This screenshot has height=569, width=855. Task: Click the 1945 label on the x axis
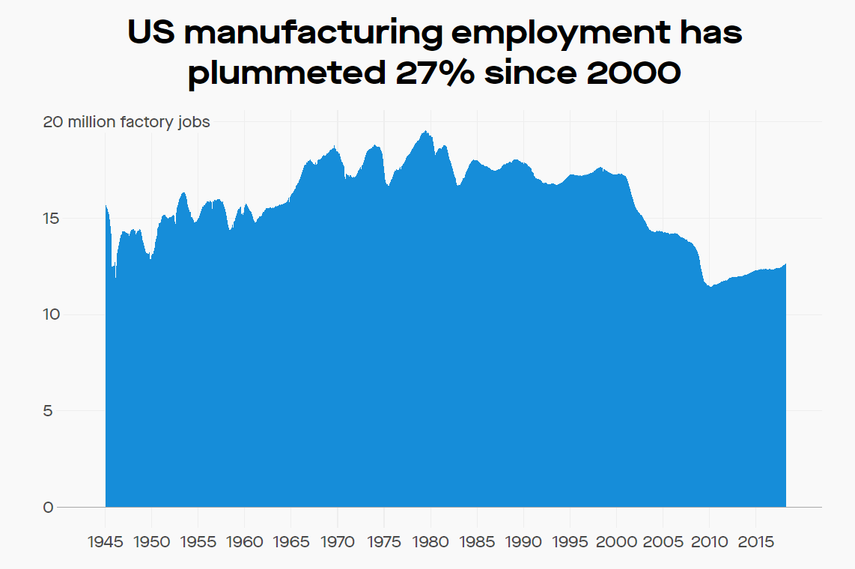[106, 541]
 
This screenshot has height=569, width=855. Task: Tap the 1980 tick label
[430, 541]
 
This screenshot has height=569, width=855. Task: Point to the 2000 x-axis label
[616, 541]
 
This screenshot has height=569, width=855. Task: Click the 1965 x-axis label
[291, 541]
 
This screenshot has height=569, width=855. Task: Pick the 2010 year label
[708, 541]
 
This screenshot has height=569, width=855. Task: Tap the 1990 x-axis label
[523, 541]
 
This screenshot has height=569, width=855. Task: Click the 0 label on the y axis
[49, 508]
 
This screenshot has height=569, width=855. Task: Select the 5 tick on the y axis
[49, 411]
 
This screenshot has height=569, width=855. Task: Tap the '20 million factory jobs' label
[127, 122]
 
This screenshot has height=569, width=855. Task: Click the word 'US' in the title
[150, 33]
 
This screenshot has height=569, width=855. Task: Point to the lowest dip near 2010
[710, 287]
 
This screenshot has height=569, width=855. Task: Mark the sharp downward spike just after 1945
[115, 277]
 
